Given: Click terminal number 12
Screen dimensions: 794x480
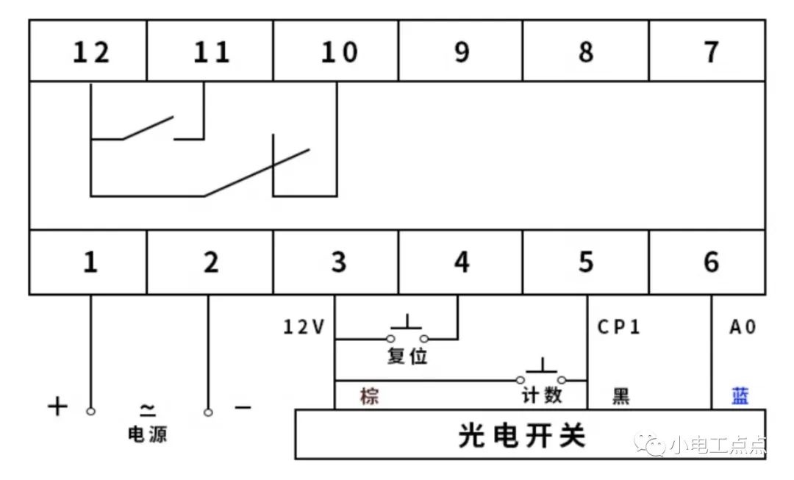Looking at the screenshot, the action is (x=90, y=52).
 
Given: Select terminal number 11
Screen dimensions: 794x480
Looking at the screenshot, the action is (x=212, y=52).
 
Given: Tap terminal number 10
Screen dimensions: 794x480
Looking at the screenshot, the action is (x=339, y=52).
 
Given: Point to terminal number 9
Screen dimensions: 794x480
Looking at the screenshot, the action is (x=461, y=52).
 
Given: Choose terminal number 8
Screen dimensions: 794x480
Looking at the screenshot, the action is (x=586, y=52).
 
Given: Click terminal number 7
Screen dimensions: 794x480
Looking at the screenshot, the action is (x=712, y=52).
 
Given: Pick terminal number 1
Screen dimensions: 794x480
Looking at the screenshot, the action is (x=90, y=262).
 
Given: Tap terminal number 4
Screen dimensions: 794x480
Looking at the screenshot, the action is (x=461, y=262).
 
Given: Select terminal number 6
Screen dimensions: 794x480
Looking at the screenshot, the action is (x=712, y=262).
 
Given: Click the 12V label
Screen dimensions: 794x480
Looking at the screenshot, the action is (x=304, y=327).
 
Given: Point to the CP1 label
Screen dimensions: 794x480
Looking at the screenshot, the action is (x=619, y=326).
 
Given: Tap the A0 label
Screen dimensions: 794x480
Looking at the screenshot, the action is (x=743, y=327).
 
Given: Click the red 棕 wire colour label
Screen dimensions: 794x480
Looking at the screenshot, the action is (x=370, y=396).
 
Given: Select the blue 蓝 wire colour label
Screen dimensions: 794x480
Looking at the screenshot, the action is (x=740, y=395).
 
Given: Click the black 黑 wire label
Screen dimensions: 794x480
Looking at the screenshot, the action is (x=621, y=396).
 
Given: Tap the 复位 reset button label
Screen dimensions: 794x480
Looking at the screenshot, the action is (x=407, y=356).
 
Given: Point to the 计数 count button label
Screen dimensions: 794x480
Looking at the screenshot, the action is (x=543, y=395).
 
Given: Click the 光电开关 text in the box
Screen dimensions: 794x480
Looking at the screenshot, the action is (x=522, y=435).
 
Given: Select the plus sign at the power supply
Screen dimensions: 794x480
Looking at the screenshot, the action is (x=58, y=406).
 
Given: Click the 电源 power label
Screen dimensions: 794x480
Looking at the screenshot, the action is (x=147, y=434).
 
